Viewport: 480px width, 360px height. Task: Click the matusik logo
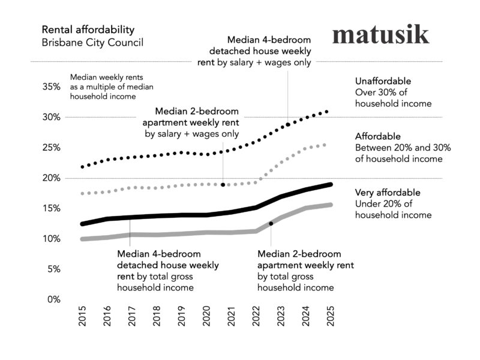(380, 34)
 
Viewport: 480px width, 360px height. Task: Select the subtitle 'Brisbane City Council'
(92, 43)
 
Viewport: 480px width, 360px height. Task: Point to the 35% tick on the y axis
(52, 86)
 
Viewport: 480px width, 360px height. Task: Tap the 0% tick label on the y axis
(54, 299)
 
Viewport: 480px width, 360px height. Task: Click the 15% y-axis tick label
(52, 208)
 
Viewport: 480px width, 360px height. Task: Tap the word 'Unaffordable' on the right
(383, 80)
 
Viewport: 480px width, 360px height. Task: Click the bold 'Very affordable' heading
(387, 193)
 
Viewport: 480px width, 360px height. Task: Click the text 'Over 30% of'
(379, 92)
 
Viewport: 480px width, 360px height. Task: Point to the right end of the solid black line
(331, 184)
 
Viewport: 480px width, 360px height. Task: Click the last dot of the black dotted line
(326, 112)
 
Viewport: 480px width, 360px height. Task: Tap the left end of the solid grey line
(83, 239)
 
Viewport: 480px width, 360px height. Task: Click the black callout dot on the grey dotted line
(223, 185)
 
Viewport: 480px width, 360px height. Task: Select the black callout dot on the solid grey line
(271, 223)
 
